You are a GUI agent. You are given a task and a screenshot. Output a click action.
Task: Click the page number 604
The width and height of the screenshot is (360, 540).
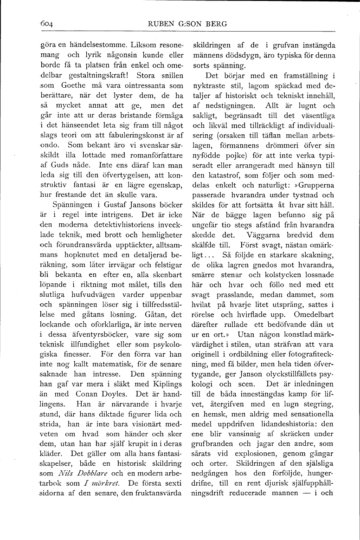pos(34,24)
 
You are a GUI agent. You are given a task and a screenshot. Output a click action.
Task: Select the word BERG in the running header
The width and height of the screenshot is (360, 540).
pos(217,24)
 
